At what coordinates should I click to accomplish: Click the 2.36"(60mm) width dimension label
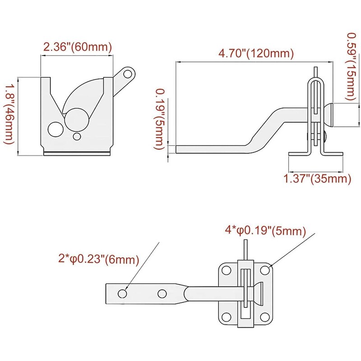[x=77, y=47]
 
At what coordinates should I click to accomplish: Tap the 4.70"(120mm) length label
[x=256, y=53]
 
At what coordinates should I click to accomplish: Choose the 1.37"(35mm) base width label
[x=317, y=179]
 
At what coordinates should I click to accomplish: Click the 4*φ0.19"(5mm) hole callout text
[x=265, y=231]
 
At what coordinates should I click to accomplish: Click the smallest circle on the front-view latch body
[x=77, y=136]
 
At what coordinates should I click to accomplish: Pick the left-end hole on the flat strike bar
[x=122, y=293]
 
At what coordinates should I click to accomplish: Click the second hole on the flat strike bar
[x=162, y=293]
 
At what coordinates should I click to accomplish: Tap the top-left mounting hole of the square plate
[x=226, y=273]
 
